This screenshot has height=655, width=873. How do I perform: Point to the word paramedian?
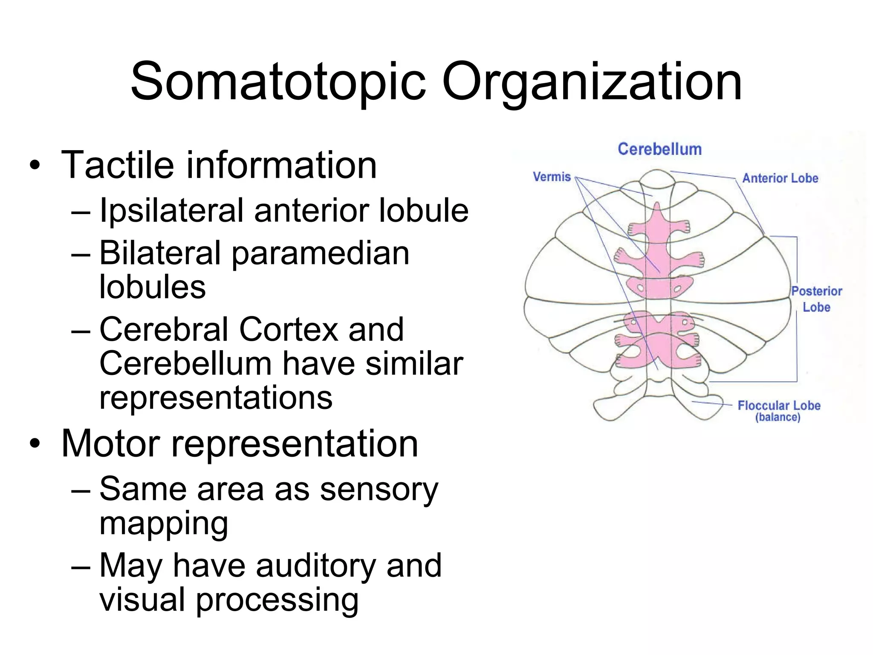coord(320,254)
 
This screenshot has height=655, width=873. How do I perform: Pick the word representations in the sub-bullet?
coord(216,398)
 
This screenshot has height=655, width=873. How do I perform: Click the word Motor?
coord(111,443)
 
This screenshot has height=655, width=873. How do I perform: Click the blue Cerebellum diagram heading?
coord(659,149)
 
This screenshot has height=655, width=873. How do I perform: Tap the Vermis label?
coord(552,177)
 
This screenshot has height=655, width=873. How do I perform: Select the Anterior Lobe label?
coord(780,178)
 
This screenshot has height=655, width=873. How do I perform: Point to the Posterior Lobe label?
coord(816,299)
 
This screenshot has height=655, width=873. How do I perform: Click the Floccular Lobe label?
coord(779,406)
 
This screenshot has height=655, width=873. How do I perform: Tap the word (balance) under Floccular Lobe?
coord(778,417)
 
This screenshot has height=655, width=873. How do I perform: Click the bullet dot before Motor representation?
coord(35,444)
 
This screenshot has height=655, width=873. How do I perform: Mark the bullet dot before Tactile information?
coord(35,166)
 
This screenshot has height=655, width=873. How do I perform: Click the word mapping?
coord(164,525)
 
